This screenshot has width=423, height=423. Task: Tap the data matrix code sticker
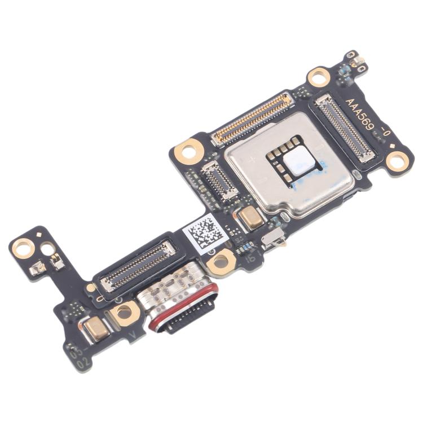tap(205, 231)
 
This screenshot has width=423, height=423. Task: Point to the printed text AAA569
tap(367, 117)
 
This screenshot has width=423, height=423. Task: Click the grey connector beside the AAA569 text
tap(344, 128)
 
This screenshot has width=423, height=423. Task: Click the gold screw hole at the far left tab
tap(23, 246)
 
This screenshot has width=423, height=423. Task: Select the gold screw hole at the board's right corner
tap(398, 162)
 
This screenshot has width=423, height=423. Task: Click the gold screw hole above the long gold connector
tap(319, 77)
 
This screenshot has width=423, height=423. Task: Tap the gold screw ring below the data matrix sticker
tap(221, 261)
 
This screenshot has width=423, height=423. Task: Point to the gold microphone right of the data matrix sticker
tap(251, 218)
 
